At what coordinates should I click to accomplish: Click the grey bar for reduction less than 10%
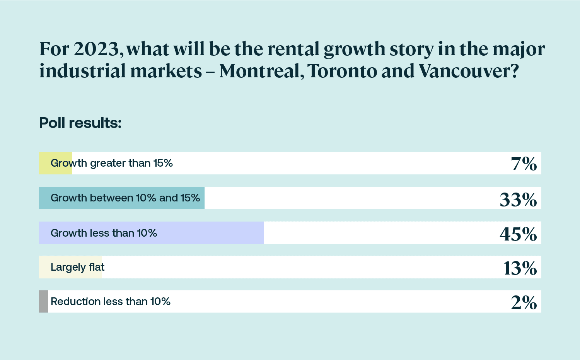(x=43, y=301)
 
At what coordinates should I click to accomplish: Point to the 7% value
(x=524, y=164)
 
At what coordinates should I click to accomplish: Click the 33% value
(x=518, y=200)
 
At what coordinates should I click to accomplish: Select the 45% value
(x=518, y=234)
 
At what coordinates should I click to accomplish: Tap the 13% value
(x=520, y=268)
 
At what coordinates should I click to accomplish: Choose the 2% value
(x=524, y=302)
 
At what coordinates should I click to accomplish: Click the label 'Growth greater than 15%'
(x=112, y=163)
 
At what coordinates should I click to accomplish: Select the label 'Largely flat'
(x=77, y=267)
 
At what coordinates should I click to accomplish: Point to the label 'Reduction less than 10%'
(x=111, y=302)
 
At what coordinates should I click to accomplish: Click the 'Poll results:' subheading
(x=80, y=123)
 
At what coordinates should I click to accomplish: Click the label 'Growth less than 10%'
(x=104, y=233)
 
